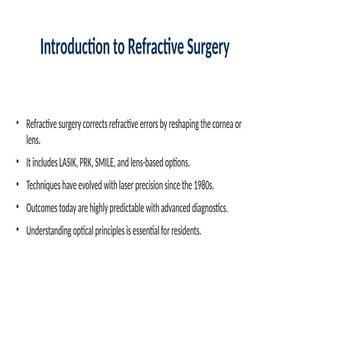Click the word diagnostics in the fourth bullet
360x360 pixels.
click(210, 208)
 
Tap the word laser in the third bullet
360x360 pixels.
click(142, 185)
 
